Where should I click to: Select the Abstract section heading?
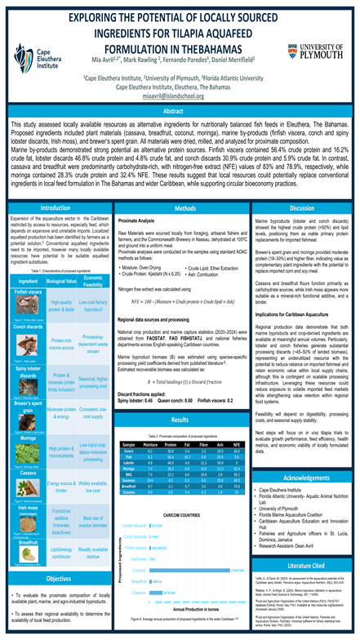tap(180, 109)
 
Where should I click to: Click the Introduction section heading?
tap(59, 209)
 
